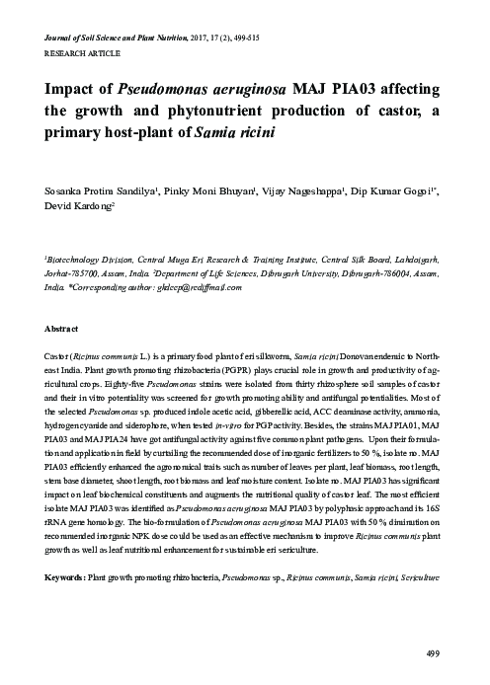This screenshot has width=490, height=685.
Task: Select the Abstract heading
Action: (x=62, y=327)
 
